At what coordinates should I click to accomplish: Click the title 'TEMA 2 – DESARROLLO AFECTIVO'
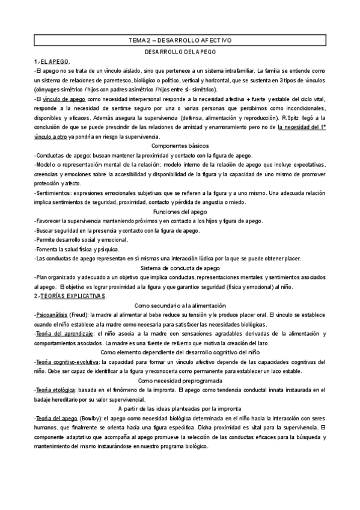pyautogui.click(x=180, y=40)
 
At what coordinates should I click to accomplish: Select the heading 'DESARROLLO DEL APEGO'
pyautogui.click(x=180, y=52)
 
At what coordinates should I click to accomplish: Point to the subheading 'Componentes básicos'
pyautogui.click(x=180, y=146)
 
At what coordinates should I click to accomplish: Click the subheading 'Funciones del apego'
pyautogui.click(x=180, y=212)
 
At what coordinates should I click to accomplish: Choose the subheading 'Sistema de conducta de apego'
pyautogui.click(x=180, y=268)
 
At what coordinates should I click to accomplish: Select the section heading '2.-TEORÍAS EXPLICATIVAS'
pyautogui.click(x=70, y=296)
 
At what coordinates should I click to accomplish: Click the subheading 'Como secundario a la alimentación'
pyautogui.click(x=180, y=306)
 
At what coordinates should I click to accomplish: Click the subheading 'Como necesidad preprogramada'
pyautogui.click(x=180, y=381)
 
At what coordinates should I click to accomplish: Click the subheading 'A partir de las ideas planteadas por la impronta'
pyautogui.click(x=180, y=409)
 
